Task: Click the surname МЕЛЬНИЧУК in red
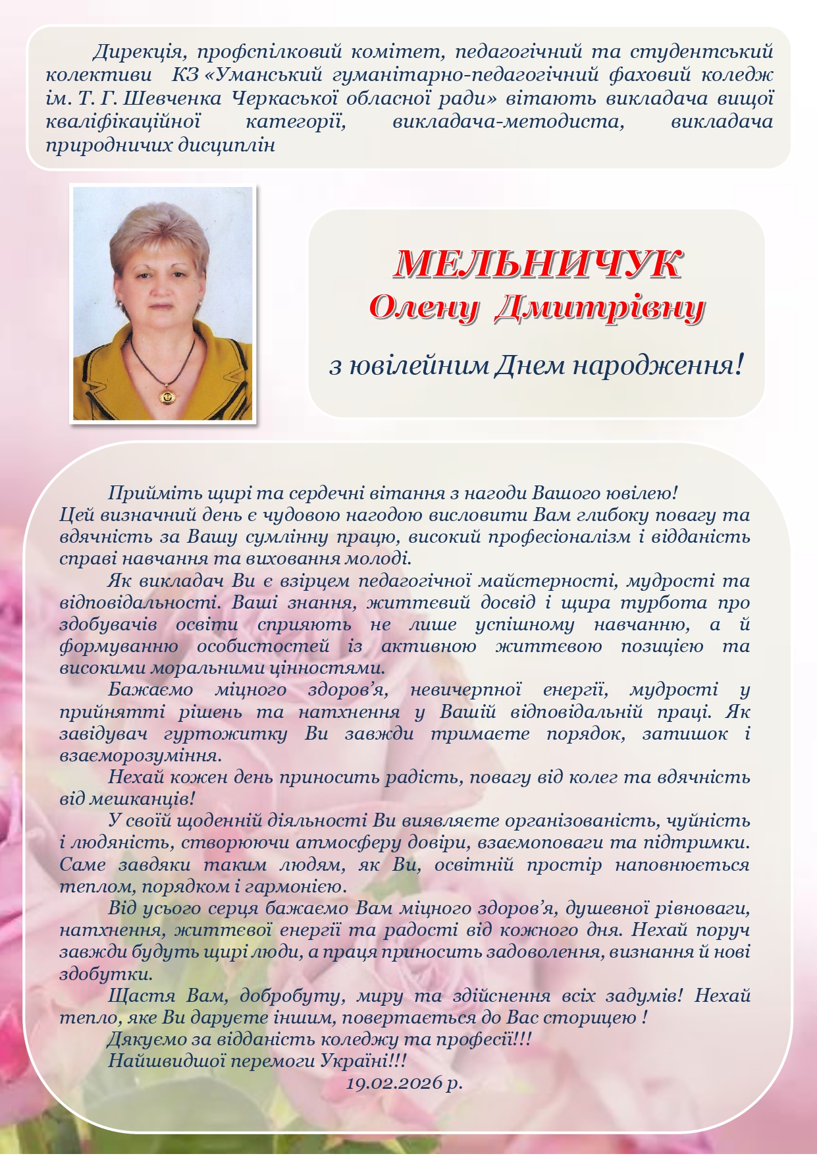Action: click(x=537, y=265)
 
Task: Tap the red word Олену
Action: click(x=421, y=307)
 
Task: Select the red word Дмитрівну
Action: click(x=599, y=307)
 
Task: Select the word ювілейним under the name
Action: click(x=417, y=365)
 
